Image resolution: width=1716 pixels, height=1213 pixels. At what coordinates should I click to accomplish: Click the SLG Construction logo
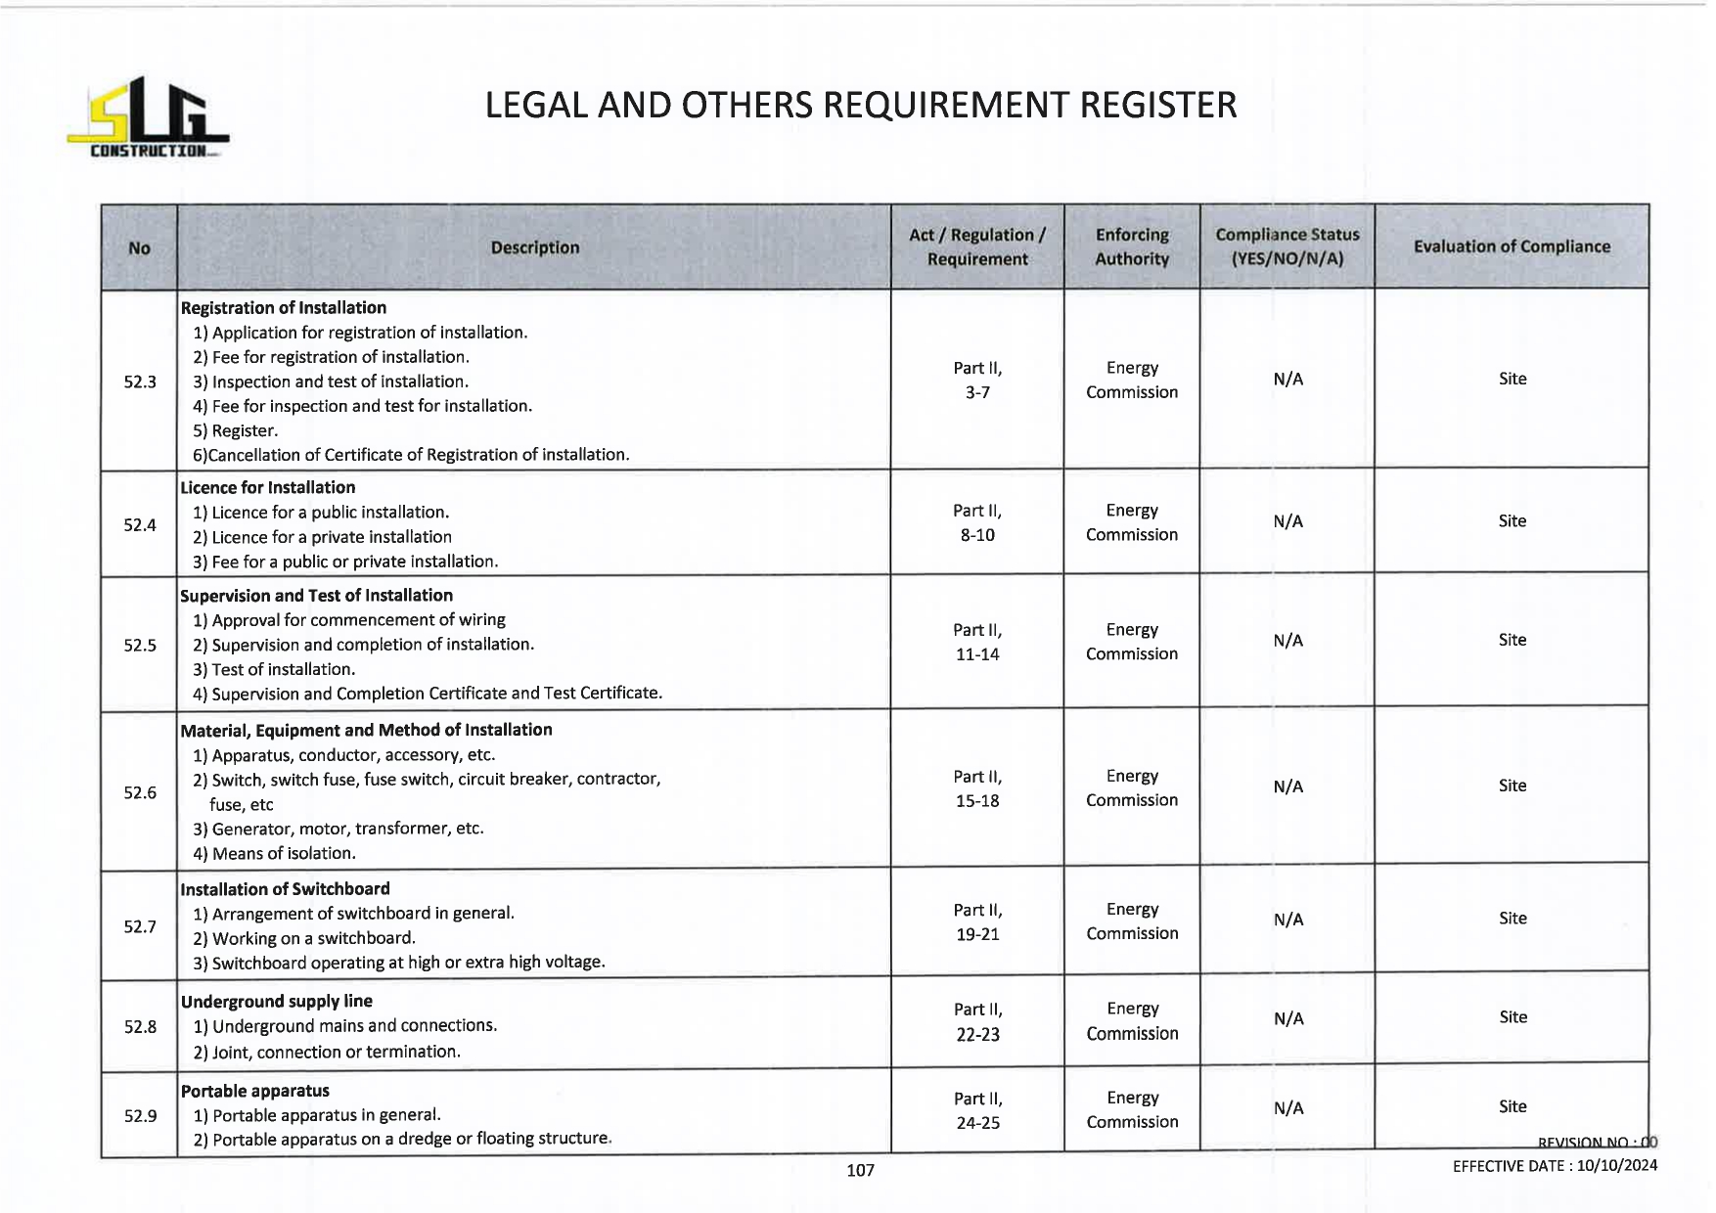tap(147, 117)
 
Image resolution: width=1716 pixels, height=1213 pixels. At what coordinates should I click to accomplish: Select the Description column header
tap(534, 247)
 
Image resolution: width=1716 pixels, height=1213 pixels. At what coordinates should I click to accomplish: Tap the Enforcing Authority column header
tap(1132, 247)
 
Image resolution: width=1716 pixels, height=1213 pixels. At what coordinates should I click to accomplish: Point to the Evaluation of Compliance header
tap(1512, 247)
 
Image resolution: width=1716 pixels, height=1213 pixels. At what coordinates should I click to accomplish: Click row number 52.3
tap(140, 382)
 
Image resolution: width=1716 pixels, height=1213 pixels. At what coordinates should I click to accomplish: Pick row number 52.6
tap(140, 792)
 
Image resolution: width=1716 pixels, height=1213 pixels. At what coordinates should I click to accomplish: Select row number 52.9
tap(140, 1115)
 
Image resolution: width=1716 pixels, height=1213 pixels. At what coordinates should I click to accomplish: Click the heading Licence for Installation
tap(268, 487)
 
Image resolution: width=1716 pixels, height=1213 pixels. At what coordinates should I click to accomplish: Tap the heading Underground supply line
tap(277, 1001)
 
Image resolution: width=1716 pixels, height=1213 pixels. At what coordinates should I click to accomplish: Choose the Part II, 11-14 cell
tap(977, 642)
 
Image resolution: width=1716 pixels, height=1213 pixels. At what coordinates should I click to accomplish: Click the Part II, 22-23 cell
tap(977, 1021)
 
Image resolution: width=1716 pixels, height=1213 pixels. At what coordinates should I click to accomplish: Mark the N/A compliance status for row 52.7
tap(1287, 920)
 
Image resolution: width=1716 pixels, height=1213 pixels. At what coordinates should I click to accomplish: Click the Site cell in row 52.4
tap(1512, 521)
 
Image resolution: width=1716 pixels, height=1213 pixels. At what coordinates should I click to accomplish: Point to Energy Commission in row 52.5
tap(1132, 642)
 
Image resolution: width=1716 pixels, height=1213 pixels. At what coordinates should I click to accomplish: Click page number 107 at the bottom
tap(860, 1170)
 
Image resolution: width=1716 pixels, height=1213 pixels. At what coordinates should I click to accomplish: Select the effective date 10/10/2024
tap(1616, 1165)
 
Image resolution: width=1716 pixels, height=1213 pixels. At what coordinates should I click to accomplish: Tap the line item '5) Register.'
tap(236, 430)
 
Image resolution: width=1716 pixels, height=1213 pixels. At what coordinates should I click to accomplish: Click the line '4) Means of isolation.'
tap(274, 853)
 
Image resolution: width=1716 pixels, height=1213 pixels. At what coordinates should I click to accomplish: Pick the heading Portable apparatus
tap(255, 1091)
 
